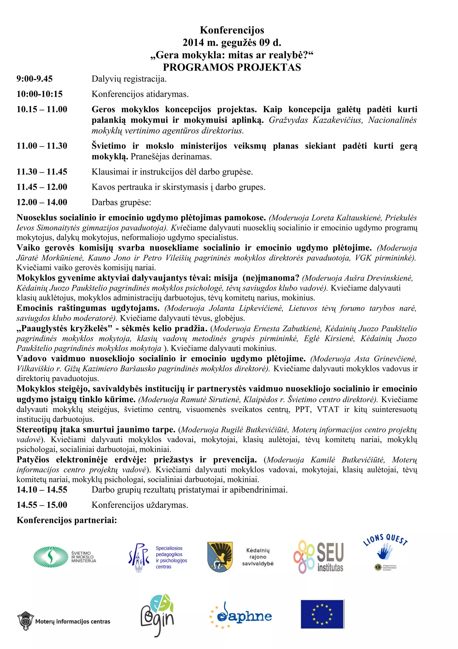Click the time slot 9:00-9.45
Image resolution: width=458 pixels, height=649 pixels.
34,79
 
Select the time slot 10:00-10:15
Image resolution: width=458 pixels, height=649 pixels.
40,94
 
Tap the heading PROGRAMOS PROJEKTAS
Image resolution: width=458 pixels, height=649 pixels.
232,67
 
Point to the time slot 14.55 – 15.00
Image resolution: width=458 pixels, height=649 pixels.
42,505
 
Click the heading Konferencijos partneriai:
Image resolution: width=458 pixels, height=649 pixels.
67,520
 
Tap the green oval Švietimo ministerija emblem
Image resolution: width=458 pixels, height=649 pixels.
51,557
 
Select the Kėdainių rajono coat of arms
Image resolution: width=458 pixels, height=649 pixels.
220,557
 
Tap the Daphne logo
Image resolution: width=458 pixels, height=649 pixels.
240,616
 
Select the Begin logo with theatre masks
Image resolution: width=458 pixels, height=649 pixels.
157,615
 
